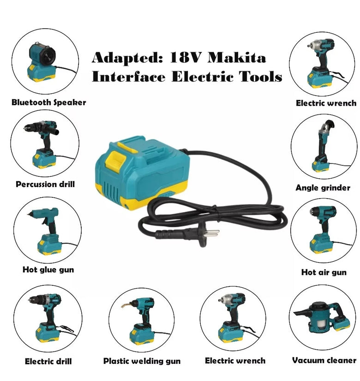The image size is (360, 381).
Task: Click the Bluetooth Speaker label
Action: (x=49, y=103)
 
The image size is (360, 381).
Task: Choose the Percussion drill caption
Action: (x=45, y=184)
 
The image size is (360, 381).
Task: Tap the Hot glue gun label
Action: (x=48, y=269)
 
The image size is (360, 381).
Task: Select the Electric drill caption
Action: (x=48, y=361)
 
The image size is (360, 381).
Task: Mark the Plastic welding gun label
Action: (x=142, y=361)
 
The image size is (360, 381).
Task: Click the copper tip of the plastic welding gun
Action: (x=125, y=305)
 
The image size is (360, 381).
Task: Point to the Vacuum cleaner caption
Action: (x=324, y=360)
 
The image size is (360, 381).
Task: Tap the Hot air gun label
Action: (x=324, y=272)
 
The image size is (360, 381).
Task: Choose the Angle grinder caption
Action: (x=323, y=188)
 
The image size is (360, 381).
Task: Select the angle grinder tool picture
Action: (x=321, y=143)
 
